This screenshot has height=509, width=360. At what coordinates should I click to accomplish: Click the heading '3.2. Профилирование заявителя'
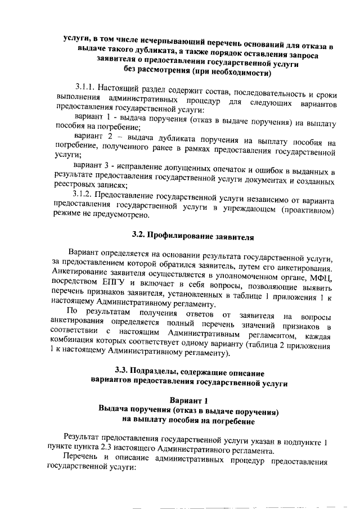(188, 237)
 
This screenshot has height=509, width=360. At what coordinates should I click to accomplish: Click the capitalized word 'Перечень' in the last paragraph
(83, 461)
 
